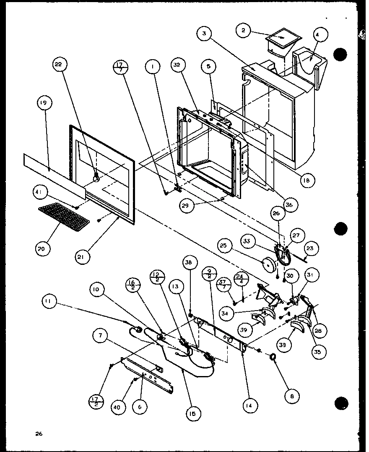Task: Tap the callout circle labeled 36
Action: [x=289, y=204]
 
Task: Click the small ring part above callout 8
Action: [x=273, y=357]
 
